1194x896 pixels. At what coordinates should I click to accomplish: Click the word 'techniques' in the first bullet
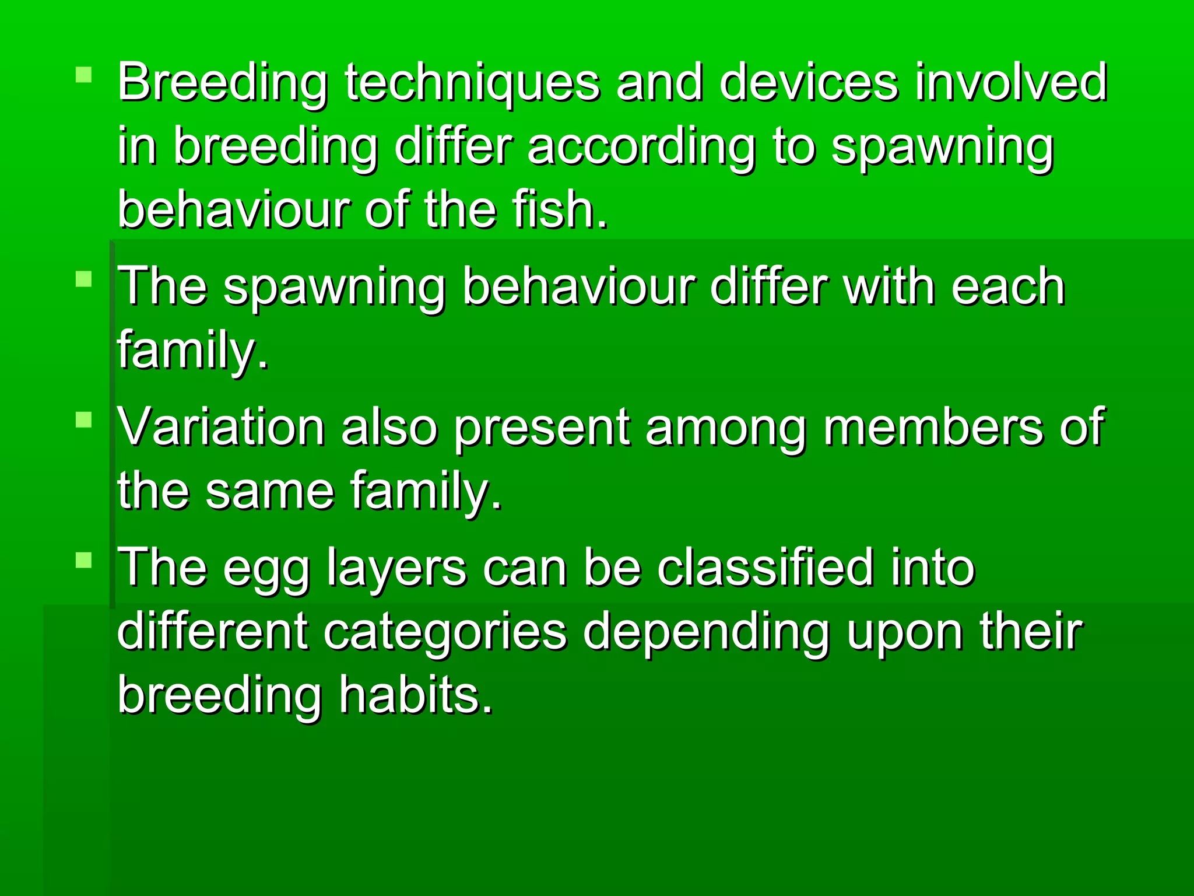[472, 83]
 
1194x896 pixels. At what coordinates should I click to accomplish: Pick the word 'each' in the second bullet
[1008, 287]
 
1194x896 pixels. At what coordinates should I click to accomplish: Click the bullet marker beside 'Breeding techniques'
[84, 75]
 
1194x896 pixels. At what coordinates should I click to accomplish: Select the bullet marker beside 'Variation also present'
[84, 419]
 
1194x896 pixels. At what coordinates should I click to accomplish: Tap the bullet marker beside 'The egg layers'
[84, 560]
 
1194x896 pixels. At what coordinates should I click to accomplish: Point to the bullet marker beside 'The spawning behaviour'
[84, 279]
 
